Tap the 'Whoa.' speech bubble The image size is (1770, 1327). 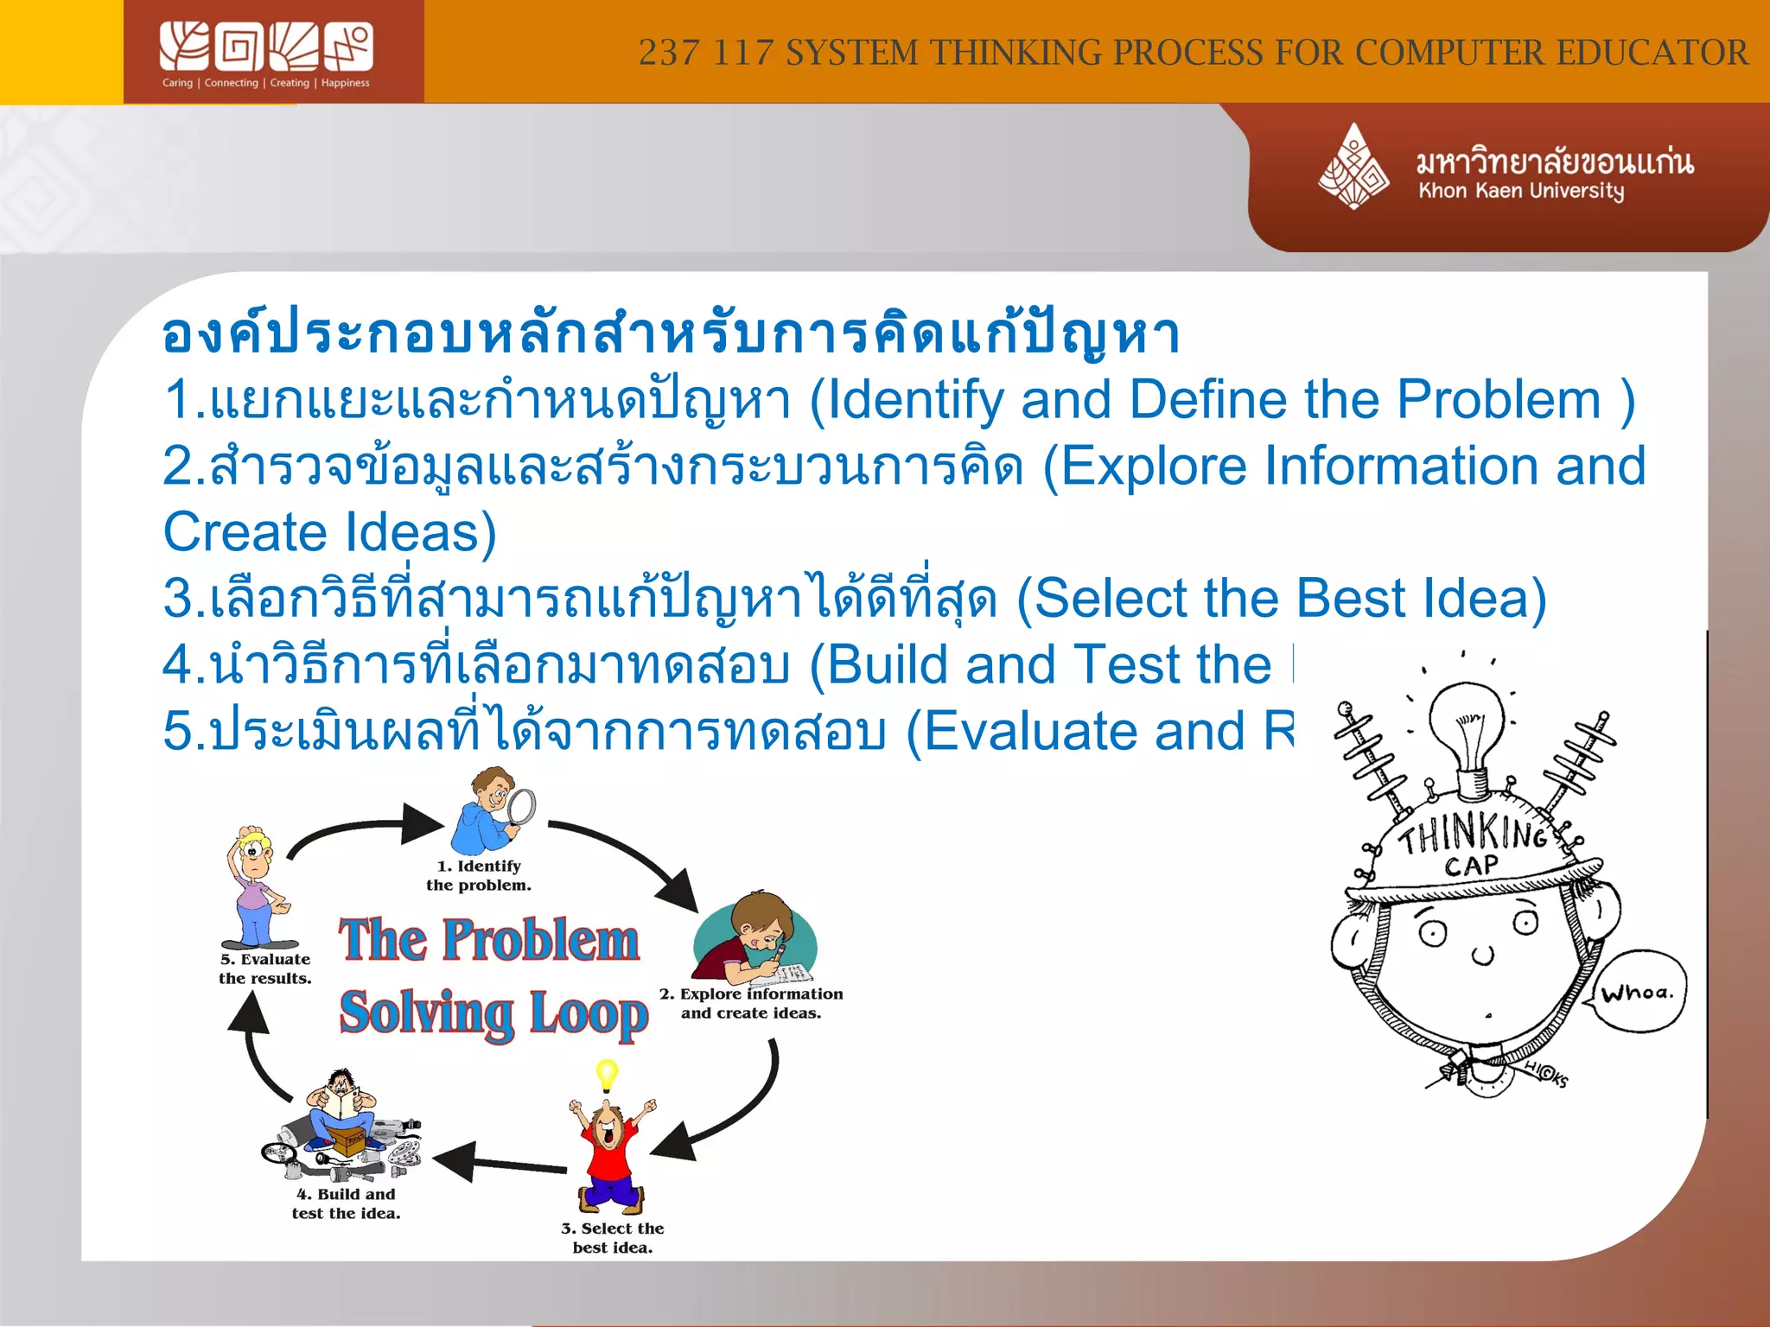click(1638, 993)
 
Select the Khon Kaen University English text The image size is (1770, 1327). click(1521, 191)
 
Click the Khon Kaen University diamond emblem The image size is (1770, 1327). click(1353, 167)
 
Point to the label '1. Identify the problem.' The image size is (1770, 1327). click(478, 875)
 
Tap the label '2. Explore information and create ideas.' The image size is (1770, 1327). click(750, 1003)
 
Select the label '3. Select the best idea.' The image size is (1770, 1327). click(612, 1237)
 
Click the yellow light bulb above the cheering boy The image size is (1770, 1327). click(607, 1074)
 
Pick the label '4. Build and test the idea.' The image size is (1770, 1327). click(346, 1203)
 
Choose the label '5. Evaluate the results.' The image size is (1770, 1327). click(264, 968)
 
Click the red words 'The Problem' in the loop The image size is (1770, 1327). click(489, 940)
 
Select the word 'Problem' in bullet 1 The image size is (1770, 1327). click(1499, 400)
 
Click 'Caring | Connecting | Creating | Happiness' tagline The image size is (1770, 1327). click(266, 83)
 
